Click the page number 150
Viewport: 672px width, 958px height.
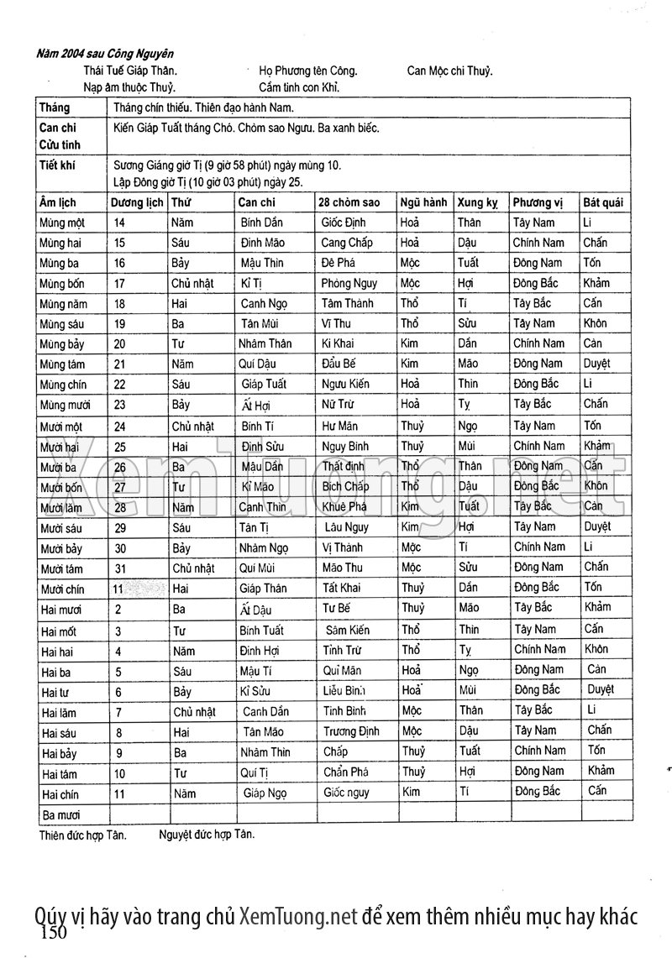point(53,933)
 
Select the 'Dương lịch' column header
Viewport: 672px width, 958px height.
point(137,202)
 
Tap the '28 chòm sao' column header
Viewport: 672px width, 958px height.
point(349,202)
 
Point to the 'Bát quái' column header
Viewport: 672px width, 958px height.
point(603,202)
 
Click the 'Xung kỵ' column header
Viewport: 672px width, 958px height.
point(477,202)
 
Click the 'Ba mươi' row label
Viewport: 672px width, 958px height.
point(61,814)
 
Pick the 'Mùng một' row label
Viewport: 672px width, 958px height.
point(63,222)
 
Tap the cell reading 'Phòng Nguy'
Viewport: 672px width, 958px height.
point(349,284)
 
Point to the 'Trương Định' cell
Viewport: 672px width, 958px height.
point(352,730)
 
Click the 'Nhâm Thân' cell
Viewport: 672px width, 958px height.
point(265,344)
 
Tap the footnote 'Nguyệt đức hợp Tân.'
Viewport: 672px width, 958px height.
point(206,835)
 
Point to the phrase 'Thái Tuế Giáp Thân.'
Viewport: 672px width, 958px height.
point(130,71)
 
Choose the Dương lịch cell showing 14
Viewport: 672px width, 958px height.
point(119,222)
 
